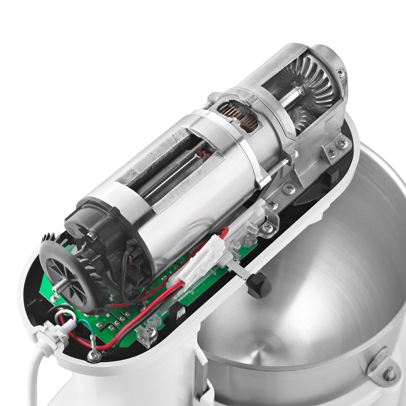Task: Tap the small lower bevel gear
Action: [303, 119]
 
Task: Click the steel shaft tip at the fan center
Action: [58, 288]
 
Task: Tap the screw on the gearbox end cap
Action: [339, 72]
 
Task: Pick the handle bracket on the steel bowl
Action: [384, 363]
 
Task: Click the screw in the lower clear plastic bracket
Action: [149, 330]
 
